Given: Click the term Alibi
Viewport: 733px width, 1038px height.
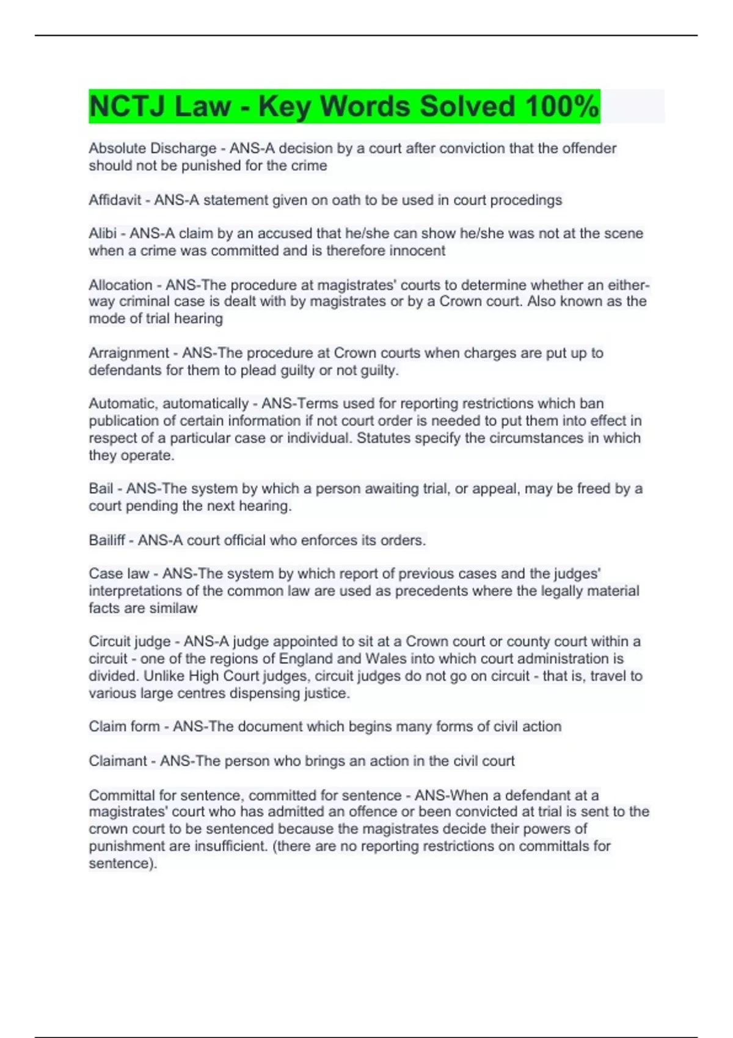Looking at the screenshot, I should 103,233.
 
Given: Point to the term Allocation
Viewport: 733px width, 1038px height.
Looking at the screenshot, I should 120,285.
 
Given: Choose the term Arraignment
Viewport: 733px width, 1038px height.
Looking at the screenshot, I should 128,353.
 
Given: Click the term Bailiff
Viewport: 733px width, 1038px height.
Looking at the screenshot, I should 106,540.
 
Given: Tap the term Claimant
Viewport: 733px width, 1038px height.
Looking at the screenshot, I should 119,761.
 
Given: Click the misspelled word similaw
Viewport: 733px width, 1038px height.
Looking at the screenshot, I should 174,608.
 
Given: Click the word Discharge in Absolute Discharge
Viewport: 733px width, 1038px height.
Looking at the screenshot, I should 183,148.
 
